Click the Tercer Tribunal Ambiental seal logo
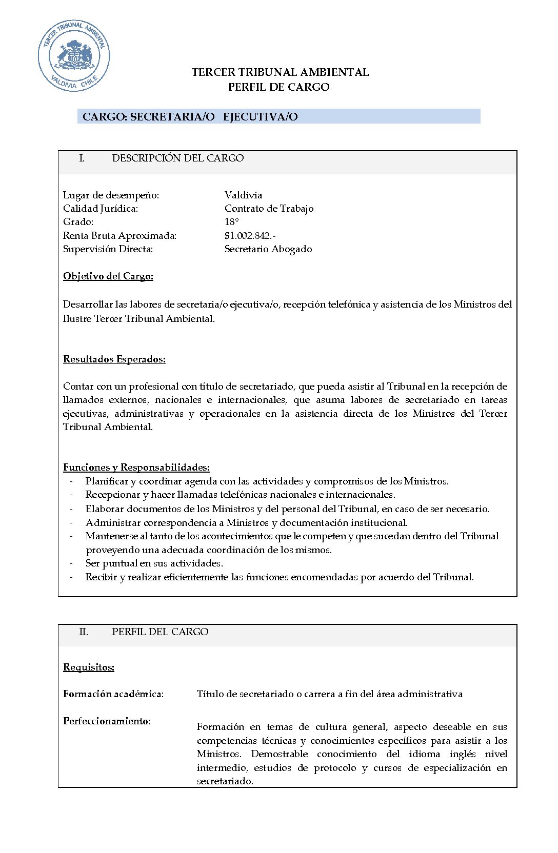(74, 56)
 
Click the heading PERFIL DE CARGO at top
(278, 87)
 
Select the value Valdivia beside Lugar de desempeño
(243, 195)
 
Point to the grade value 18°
(231, 222)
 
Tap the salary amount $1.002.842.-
(250, 236)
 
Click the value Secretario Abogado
(268, 249)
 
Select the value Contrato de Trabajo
(269, 209)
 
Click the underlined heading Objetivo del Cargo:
(108, 276)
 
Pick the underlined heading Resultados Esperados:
(114, 359)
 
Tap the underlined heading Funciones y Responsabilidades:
(136, 468)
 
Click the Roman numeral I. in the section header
(82, 158)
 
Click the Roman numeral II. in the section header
(83, 632)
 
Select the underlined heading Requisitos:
(89, 667)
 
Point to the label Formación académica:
(113, 694)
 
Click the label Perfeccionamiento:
(107, 721)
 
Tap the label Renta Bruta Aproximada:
(119, 236)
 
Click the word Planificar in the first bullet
(107, 481)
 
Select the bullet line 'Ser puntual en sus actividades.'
(154, 563)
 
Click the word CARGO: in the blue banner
(105, 117)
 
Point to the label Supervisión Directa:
(108, 249)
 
